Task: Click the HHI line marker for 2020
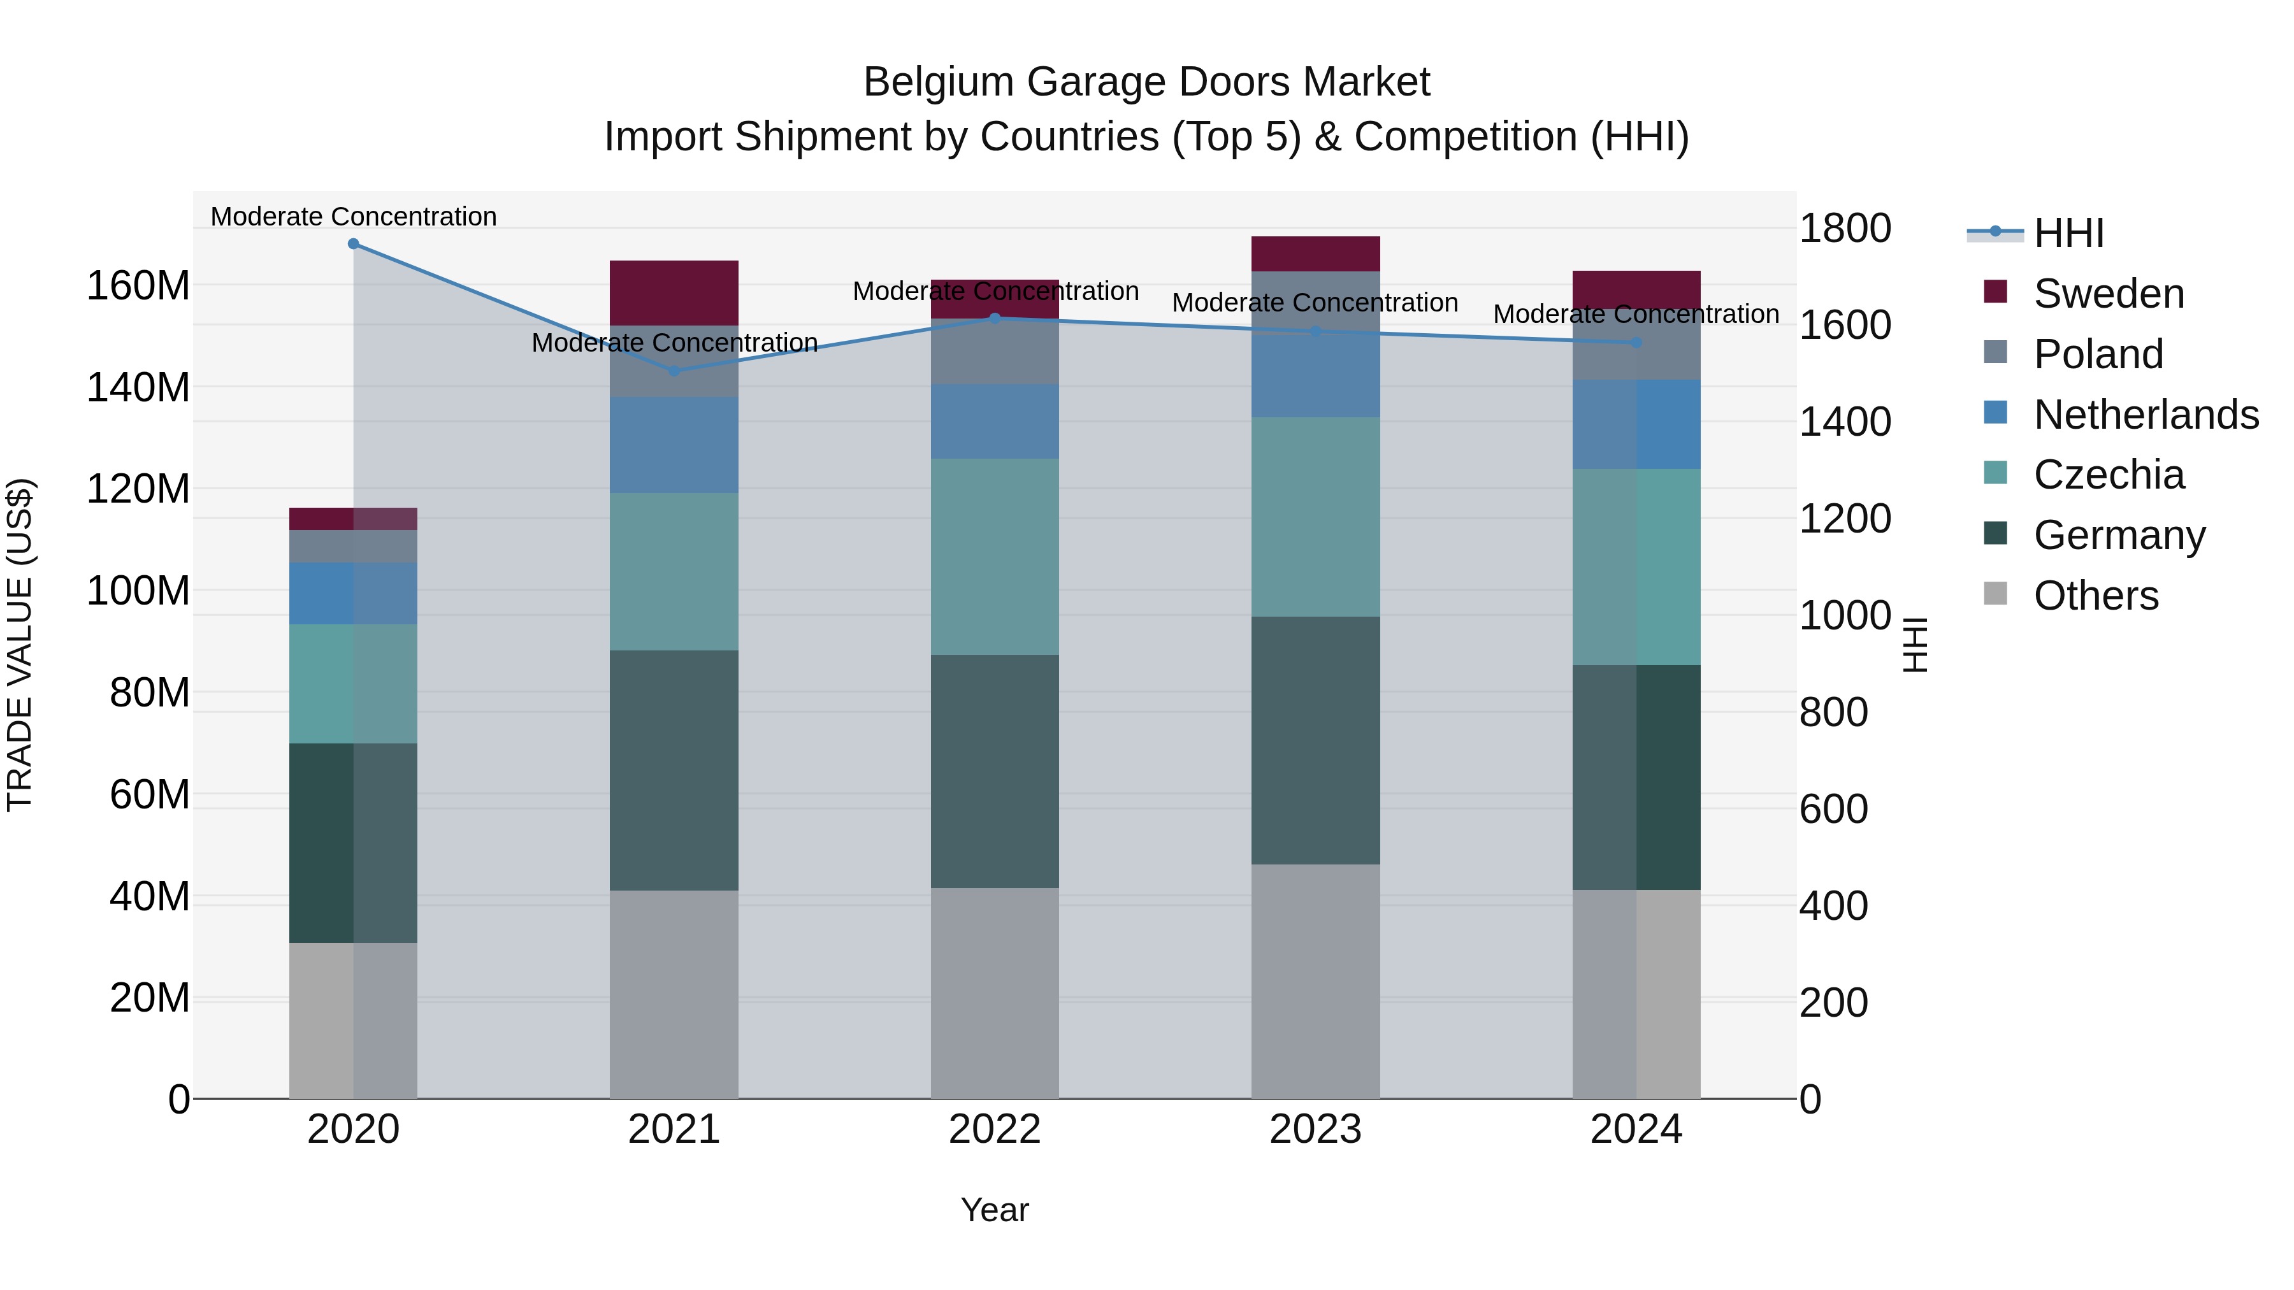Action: tap(354, 244)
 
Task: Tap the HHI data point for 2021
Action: tap(674, 371)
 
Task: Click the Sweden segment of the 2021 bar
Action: tap(674, 293)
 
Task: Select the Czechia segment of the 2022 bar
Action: tap(995, 557)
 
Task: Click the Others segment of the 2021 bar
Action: tap(674, 994)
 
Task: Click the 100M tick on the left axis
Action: tap(138, 591)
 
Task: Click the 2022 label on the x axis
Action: tap(995, 1129)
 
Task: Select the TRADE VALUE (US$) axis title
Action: tap(20, 645)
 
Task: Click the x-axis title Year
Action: tap(995, 1210)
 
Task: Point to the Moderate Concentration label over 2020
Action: tap(354, 217)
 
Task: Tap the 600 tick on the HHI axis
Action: tap(1833, 809)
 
